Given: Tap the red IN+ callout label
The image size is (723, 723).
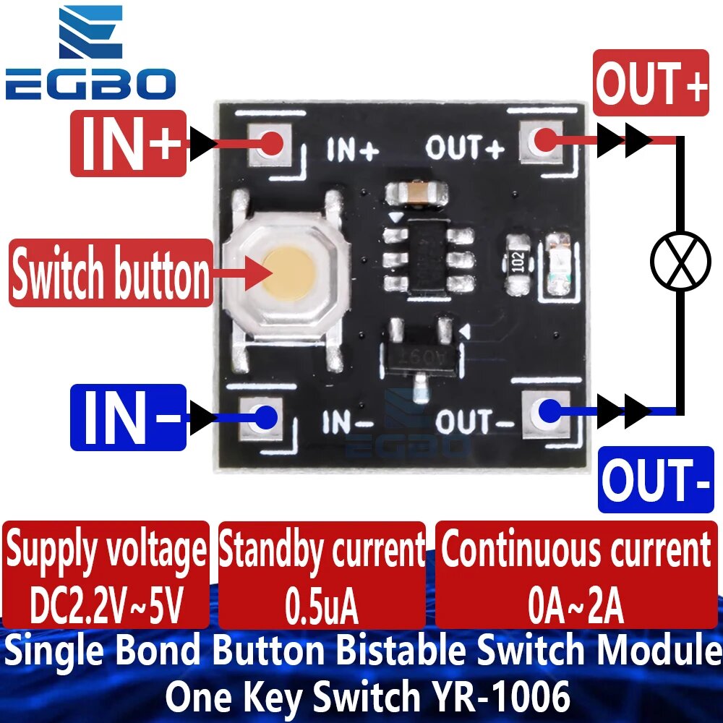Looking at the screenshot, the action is click(x=128, y=143).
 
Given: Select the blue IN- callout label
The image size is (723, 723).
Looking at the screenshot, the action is click(x=128, y=417).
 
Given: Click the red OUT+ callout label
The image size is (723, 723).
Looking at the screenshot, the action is click(x=651, y=83).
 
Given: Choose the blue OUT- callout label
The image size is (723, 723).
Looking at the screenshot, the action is click(x=656, y=479).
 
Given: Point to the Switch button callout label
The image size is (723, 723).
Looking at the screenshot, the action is click(x=111, y=273).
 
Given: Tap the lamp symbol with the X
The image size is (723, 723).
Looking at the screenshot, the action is click(x=680, y=261).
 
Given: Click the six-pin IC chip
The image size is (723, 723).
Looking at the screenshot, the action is click(x=429, y=258).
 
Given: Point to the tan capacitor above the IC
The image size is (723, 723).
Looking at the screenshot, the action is click(x=417, y=194).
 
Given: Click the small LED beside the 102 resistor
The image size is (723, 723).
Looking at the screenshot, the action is click(x=559, y=264).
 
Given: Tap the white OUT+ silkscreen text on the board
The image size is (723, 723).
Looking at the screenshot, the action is click(x=465, y=148).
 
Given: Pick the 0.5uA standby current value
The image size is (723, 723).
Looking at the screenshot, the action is click(x=322, y=605).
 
